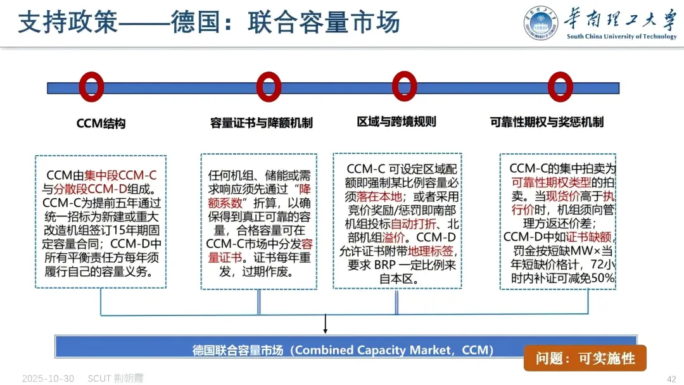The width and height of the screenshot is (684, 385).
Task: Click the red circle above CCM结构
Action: [x=91, y=86]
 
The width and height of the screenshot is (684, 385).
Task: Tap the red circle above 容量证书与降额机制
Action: [x=269, y=86]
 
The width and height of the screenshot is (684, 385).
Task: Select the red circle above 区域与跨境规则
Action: [x=405, y=86]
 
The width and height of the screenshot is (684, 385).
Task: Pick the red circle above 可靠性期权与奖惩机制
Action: [x=560, y=86]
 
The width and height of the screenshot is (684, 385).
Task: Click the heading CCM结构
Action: [x=101, y=123]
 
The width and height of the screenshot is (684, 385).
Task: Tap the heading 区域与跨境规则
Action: [x=396, y=122]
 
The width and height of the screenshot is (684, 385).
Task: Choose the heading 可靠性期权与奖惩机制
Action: [x=547, y=122]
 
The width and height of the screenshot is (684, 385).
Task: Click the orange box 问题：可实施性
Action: [x=585, y=358]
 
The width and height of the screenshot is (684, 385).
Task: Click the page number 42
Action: [x=671, y=379]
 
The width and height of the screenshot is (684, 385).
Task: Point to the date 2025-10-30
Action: [x=48, y=379]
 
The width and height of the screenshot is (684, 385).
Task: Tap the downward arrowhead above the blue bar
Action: [x=325, y=329]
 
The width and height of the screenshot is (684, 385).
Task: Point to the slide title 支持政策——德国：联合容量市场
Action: [x=209, y=23]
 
